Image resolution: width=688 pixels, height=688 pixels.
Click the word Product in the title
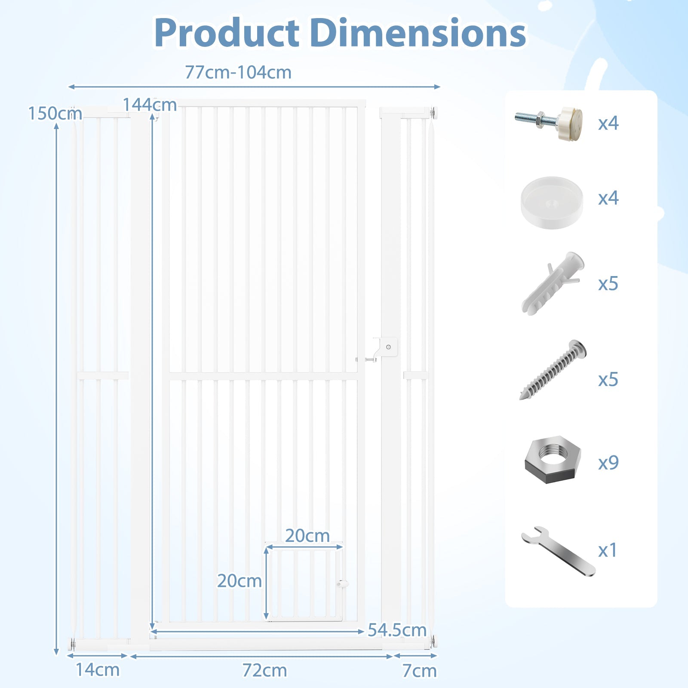[227, 33]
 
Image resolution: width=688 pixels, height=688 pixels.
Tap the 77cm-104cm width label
[238, 72]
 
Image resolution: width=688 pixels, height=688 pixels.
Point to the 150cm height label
[55, 114]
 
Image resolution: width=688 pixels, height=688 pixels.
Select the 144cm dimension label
[150, 104]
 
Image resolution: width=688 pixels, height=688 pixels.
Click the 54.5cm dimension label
[397, 630]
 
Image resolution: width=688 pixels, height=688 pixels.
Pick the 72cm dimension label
[264, 670]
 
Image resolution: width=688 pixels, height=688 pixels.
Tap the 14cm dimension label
[98, 670]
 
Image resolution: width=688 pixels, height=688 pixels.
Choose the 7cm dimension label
[419, 671]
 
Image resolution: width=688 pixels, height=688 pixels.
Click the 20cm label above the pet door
[307, 536]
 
